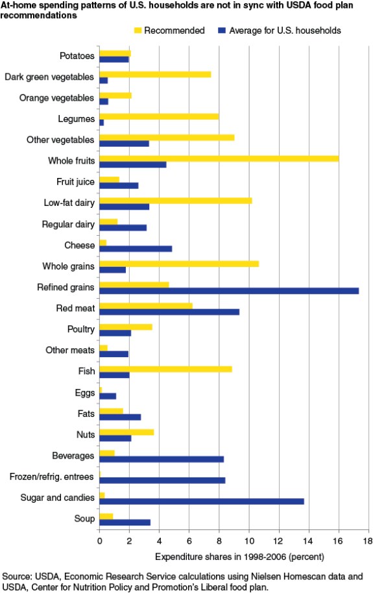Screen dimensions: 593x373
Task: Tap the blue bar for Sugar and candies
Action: click(201, 501)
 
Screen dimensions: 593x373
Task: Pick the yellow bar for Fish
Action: click(165, 369)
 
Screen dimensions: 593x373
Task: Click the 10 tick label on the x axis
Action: click(248, 540)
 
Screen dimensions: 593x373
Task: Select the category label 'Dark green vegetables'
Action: click(49, 77)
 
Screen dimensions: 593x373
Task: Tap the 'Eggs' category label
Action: click(84, 392)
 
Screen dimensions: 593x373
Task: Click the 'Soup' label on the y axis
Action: click(84, 519)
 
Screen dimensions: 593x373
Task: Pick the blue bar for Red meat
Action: click(169, 312)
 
